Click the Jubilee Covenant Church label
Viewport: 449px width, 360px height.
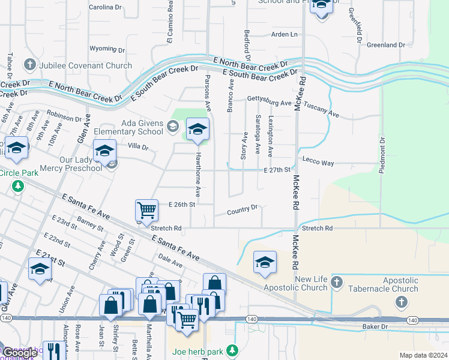pyautogui.click(x=85, y=65)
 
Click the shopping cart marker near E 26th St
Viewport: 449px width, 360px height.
pyautogui.click(x=146, y=211)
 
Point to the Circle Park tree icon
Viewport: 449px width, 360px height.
pyautogui.click(x=18, y=186)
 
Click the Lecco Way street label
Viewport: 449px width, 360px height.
pyautogui.click(x=318, y=162)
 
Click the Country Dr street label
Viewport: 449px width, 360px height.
pyautogui.click(x=243, y=210)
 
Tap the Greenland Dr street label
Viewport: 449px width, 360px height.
pyautogui.click(x=387, y=45)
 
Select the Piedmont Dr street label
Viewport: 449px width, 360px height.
pyautogui.click(x=382, y=155)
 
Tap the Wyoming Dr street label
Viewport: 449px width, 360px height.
pyautogui.click(x=107, y=50)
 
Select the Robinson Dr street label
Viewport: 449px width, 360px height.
pyautogui.click(x=64, y=116)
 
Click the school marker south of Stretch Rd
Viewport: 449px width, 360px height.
pyautogui.click(x=265, y=262)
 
